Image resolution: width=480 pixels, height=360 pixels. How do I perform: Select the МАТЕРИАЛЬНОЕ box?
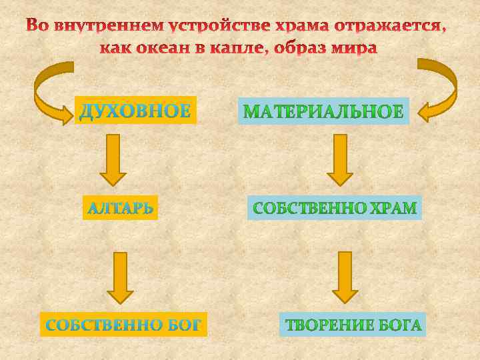coord(323,111)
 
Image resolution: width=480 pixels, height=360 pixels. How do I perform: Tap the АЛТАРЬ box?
coord(121,208)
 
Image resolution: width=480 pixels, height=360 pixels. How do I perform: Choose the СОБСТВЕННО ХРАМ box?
coord(335,208)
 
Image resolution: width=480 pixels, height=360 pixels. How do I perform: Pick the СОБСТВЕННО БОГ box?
coord(123,325)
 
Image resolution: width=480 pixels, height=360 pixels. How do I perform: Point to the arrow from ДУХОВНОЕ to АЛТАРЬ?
coord(113,159)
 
